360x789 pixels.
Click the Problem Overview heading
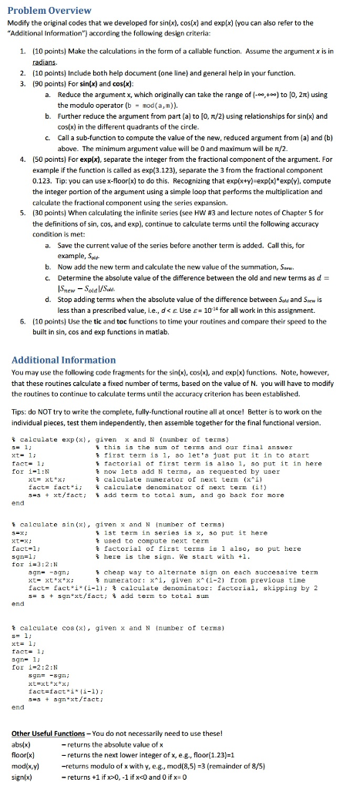[49, 10]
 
